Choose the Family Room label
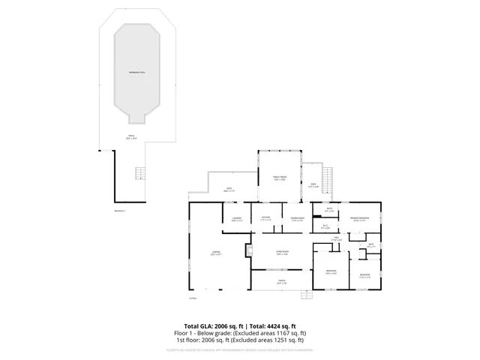click(280, 178)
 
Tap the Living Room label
click(282, 253)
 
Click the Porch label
click(281, 282)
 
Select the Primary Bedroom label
click(358, 220)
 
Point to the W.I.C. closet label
click(325, 227)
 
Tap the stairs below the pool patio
click(138, 174)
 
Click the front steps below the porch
click(303, 294)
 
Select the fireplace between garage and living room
click(248, 251)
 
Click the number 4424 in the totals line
click(271, 326)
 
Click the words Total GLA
click(198, 326)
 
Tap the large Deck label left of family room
click(228, 190)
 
